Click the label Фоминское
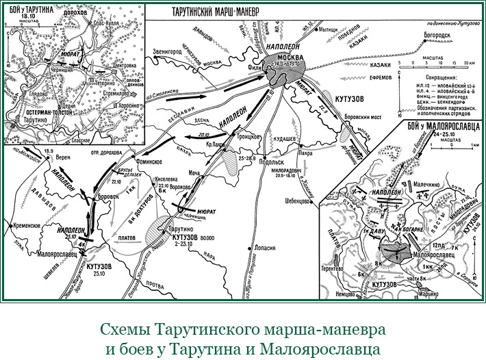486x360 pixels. pos(146,162)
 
